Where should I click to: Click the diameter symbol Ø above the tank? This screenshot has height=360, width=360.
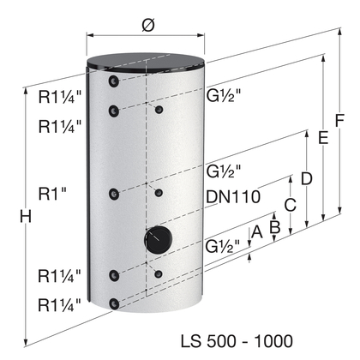click(x=148, y=25)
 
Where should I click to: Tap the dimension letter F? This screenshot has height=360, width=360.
click(x=339, y=121)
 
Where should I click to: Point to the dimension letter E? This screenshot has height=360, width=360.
click(x=323, y=138)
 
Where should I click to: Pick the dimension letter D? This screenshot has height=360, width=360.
click(x=307, y=179)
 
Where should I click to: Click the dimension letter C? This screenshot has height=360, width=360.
click(x=290, y=205)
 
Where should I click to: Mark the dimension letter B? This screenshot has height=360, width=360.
click(x=275, y=227)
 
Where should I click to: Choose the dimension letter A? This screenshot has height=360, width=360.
click(x=256, y=231)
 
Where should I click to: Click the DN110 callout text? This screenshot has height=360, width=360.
click(x=233, y=196)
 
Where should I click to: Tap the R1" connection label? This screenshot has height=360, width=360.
click(x=52, y=195)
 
